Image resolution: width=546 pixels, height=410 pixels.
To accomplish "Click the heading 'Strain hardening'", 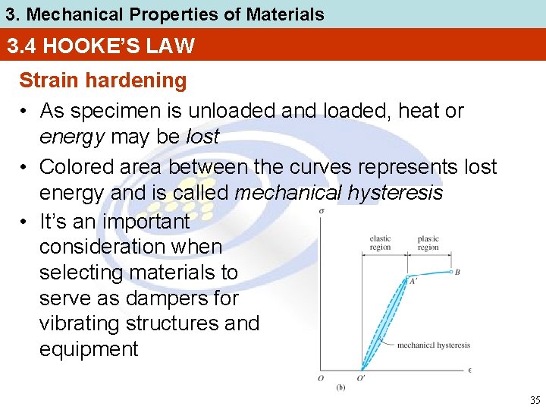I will click(x=102, y=80).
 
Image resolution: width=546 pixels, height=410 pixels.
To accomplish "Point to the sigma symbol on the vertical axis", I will click(x=321, y=211).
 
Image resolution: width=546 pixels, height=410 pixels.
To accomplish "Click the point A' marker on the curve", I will click(x=409, y=277).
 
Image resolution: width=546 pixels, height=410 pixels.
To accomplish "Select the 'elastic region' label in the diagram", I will click(x=380, y=243).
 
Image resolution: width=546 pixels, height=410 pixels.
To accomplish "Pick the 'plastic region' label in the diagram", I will click(x=428, y=243).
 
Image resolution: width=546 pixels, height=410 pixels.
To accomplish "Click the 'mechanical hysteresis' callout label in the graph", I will click(x=434, y=345).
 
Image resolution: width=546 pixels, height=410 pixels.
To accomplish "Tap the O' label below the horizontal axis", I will click(x=362, y=379).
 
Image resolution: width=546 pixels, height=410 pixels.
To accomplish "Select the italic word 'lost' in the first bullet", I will click(x=202, y=137).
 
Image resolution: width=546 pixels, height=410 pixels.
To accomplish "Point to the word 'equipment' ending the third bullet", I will click(x=89, y=349).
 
